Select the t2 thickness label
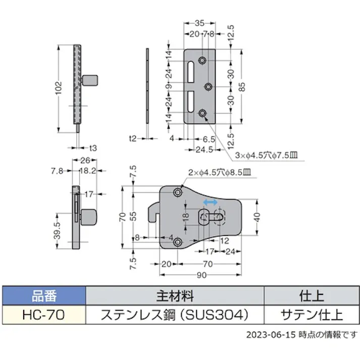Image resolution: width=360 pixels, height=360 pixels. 133,138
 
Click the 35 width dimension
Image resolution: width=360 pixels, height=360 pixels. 200,23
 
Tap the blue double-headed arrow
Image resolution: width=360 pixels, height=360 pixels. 210,202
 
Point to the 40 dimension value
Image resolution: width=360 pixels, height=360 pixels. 256,217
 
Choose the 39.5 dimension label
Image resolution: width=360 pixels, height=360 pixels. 58,230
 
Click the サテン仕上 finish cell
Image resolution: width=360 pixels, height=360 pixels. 311,315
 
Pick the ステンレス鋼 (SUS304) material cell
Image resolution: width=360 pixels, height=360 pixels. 175,315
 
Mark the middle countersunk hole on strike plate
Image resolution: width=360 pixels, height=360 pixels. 208,87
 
